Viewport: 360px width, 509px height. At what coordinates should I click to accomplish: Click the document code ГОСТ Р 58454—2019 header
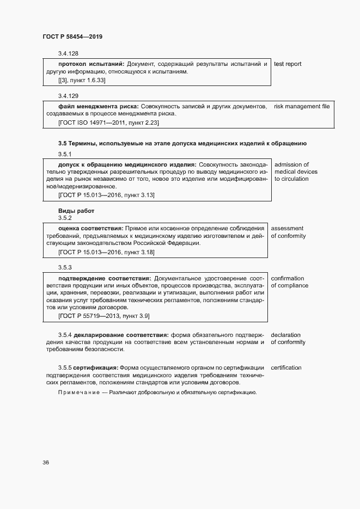point(72,36)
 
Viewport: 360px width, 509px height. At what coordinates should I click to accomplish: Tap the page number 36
point(46,463)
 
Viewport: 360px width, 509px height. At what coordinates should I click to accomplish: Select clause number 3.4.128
point(68,53)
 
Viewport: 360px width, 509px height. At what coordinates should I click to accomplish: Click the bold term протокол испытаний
point(91,64)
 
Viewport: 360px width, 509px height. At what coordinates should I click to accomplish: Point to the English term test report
point(288,64)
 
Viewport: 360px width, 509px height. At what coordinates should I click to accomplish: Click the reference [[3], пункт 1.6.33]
point(82,80)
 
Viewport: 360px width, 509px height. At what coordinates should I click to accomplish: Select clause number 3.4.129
point(68,95)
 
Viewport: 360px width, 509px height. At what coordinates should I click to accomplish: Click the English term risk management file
point(301,106)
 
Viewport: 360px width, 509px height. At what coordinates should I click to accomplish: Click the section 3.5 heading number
point(63,143)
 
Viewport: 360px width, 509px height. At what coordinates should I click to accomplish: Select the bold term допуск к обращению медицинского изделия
point(127,164)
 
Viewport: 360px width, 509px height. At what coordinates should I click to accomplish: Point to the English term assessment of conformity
point(288,232)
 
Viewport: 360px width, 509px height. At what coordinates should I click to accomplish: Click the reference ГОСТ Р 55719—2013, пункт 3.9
point(103,316)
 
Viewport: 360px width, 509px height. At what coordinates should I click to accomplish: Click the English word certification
point(286,368)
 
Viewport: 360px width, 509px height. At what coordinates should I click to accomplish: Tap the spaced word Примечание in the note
point(78,393)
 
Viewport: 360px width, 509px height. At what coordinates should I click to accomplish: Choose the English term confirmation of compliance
point(289,281)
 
